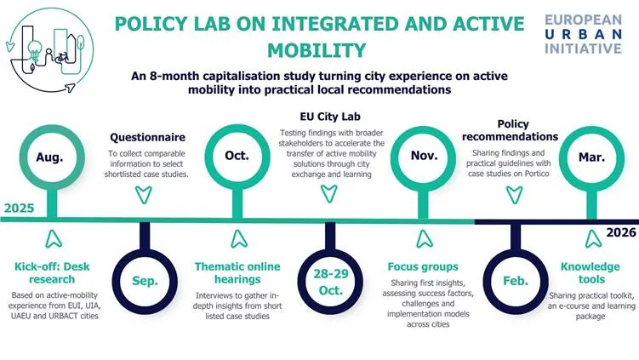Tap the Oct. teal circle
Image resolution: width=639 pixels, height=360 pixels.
click(236, 157)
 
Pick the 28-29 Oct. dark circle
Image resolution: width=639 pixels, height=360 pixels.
click(329, 279)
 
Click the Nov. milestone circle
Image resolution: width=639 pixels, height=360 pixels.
click(423, 157)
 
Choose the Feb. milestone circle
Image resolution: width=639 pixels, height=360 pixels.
click(515, 279)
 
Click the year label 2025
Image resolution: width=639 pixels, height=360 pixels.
click(20, 208)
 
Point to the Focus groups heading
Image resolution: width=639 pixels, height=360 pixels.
click(423, 266)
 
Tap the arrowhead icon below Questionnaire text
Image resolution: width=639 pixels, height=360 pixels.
click(142, 193)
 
